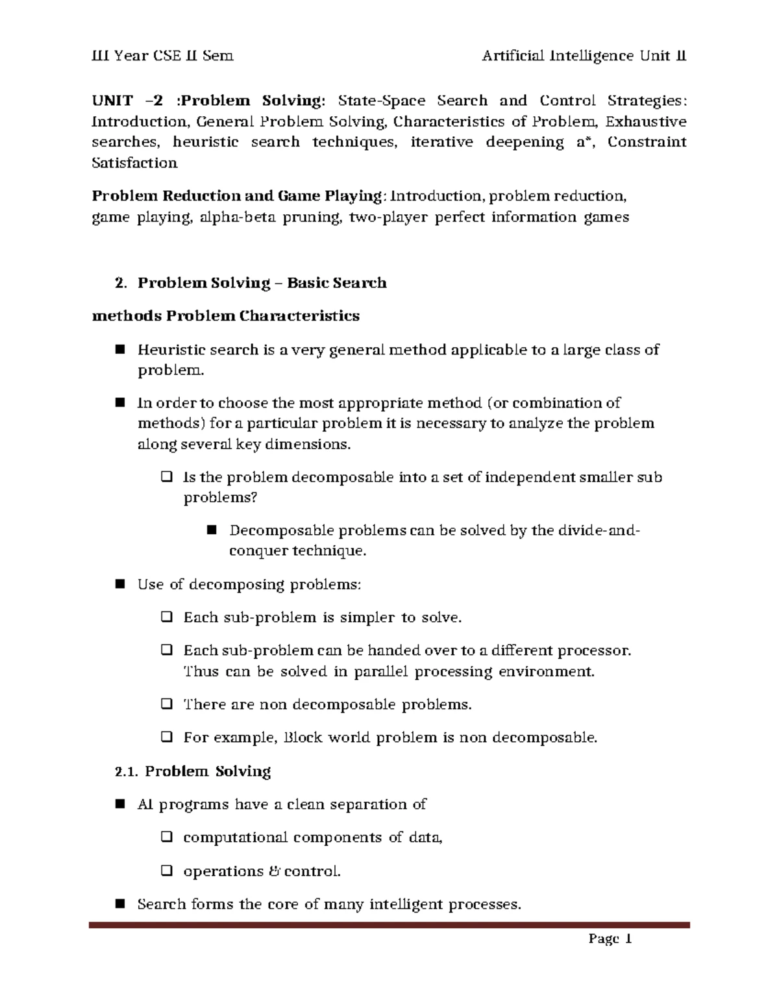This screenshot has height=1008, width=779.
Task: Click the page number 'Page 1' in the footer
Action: (x=610, y=939)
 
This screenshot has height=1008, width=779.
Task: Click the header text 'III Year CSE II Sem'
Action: (x=162, y=56)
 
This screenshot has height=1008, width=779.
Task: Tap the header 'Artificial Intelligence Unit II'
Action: (x=584, y=56)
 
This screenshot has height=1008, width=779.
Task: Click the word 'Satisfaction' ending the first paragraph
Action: (x=134, y=163)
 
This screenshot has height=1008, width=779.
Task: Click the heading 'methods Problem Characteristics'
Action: (x=226, y=316)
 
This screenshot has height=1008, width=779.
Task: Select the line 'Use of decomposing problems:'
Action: (x=249, y=584)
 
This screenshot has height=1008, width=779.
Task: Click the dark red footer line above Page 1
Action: (x=389, y=925)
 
